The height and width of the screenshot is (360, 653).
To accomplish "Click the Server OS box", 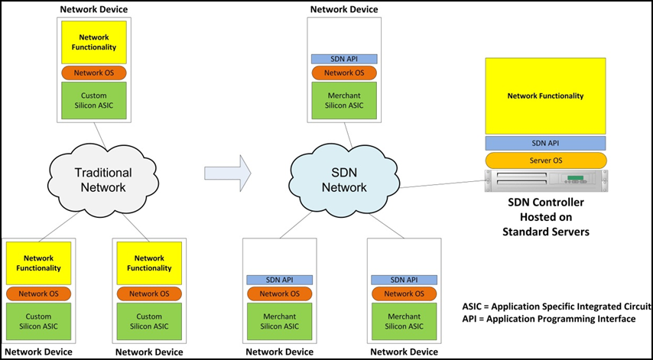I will [545, 161].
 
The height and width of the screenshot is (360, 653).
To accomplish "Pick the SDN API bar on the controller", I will [545, 143].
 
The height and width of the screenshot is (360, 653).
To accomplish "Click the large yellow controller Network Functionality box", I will [545, 96].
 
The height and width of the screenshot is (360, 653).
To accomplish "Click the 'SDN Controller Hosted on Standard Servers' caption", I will [545, 217].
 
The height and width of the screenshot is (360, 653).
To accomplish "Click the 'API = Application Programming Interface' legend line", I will [549, 318].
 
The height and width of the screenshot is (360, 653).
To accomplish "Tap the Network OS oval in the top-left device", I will [93, 73].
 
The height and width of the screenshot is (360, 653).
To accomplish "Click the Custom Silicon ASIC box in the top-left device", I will [93, 99].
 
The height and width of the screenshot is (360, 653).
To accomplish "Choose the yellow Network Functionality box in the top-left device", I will [93, 42].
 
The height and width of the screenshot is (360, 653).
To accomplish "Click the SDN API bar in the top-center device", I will [344, 59].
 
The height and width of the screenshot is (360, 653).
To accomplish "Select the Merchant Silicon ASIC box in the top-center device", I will [344, 99].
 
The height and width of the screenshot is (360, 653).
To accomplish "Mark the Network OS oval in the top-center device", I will [344, 73].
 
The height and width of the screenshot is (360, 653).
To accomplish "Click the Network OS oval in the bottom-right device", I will [401, 294].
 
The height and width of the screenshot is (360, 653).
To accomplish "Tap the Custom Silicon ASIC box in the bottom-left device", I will [38, 321].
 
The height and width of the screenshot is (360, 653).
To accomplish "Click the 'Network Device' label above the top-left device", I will [93, 8].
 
